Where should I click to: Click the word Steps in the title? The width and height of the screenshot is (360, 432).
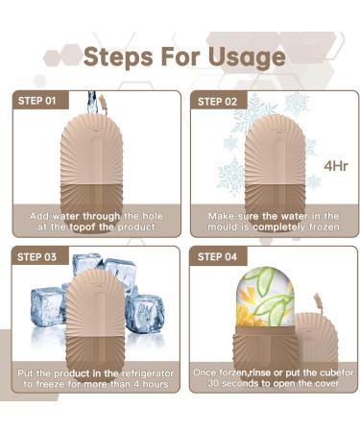(119, 57)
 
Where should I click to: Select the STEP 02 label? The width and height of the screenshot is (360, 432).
(217, 100)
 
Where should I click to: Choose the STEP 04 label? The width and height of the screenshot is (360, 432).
(217, 256)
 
